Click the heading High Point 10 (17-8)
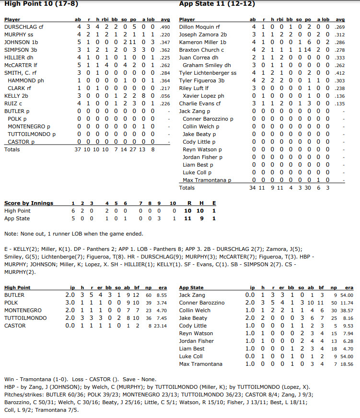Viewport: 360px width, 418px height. pyautogui.click(x=41, y=4)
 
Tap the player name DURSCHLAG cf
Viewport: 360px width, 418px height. pyautogui.click(x=24, y=27)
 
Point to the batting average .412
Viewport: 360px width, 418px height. pyautogui.click(x=339, y=73)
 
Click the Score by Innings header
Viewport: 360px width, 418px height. pyautogui.click(x=29, y=203)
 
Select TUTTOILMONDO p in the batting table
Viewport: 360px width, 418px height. pyautogui.click(x=32, y=134)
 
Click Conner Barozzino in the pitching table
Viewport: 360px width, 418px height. pyautogui.click(x=201, y=303)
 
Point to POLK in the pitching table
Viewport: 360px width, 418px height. pyautogui.click(x=11, y=303)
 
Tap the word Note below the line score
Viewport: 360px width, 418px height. pyautogui.click(x=11, y=234)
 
